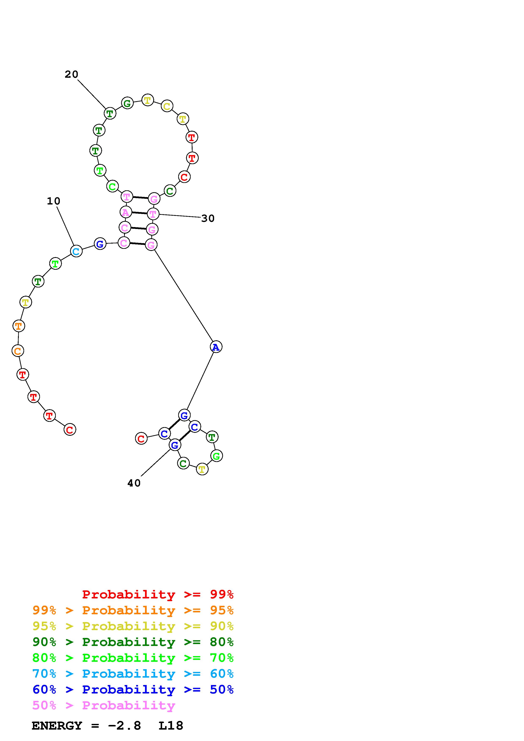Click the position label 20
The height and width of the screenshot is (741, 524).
coord(71,75)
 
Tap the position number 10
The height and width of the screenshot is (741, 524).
coord(54,201)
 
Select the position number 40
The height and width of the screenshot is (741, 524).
coord(134,483)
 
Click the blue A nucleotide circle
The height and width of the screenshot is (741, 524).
coord(216,347)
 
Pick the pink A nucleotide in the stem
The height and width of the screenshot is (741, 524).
coord(126,212)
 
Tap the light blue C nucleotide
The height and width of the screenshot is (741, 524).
coord(76,251)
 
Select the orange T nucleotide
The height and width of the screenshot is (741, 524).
coord(19,326)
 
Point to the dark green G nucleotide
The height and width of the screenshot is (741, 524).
coord(127,103)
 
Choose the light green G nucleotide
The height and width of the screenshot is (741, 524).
coord(216,456)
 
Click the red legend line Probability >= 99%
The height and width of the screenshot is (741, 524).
coord(158,594)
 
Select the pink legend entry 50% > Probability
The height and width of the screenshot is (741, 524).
coord(104,705)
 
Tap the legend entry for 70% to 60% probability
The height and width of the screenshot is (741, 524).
coord(133,674)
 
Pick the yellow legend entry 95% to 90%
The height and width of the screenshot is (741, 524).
coord(133,626)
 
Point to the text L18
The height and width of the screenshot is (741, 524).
coord(171,726)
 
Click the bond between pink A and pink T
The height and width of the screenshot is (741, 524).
coord(139,213)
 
